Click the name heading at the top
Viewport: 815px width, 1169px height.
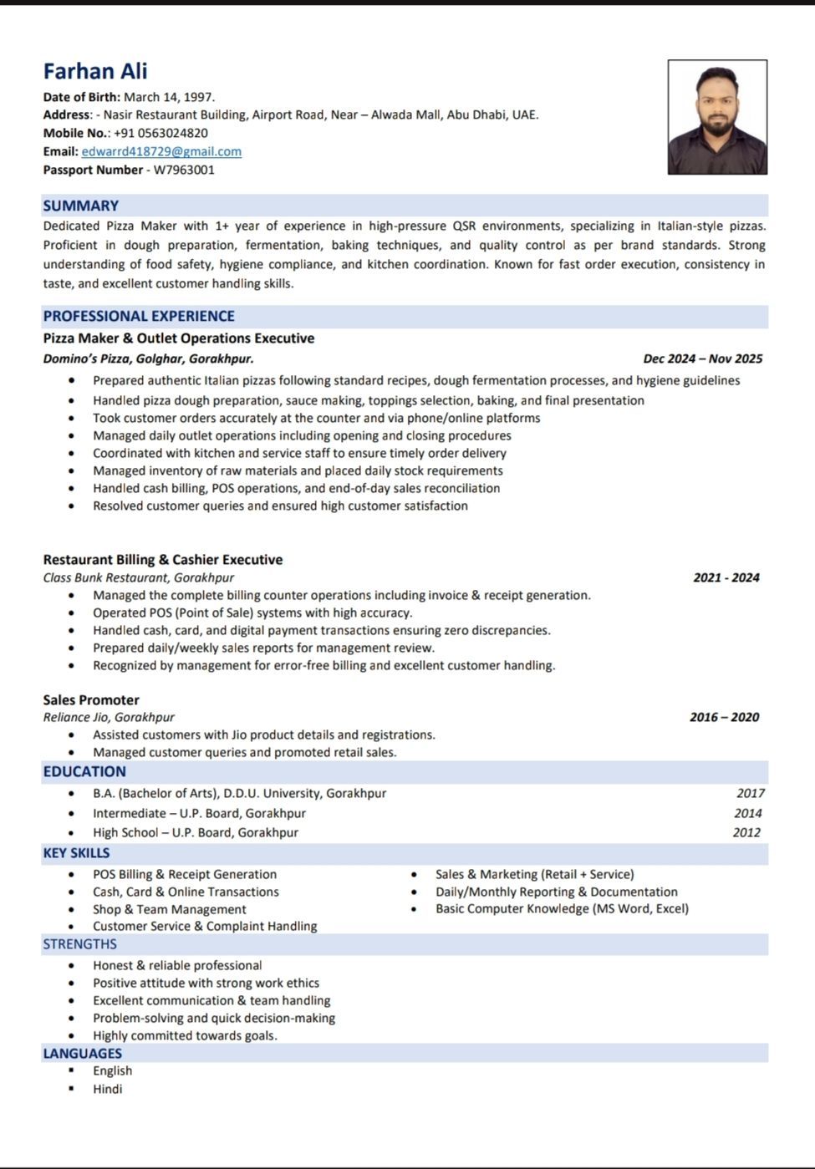coord(95,72)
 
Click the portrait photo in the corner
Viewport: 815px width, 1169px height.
coord(717,117)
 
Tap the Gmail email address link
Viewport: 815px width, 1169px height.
coord(161,151)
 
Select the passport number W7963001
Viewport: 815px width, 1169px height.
coord(184,170)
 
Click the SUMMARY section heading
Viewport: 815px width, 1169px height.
coord(81,206)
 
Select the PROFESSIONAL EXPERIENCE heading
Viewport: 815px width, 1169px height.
coord(139,316)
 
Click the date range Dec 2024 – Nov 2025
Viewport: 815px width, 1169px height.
coord(702,358)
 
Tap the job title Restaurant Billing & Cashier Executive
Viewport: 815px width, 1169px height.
coord(163,560)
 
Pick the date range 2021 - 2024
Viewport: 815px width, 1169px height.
coord(726,577)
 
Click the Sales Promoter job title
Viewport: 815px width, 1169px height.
coord(91,700)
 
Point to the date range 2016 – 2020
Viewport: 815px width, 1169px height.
coord(724,717)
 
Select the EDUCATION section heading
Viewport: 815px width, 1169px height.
coord(84,771)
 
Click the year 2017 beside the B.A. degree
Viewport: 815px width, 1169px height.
coord(750,793)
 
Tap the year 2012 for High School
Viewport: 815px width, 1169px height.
coord(746,832)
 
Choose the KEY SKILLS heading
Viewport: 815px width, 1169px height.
coord(76,853)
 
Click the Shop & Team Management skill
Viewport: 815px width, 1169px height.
coord(169,909)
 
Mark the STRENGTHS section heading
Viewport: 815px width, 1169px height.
coord(79,944)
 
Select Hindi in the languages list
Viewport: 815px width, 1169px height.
coord(107,1089)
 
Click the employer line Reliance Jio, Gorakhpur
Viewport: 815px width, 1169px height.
coord(109,717)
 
